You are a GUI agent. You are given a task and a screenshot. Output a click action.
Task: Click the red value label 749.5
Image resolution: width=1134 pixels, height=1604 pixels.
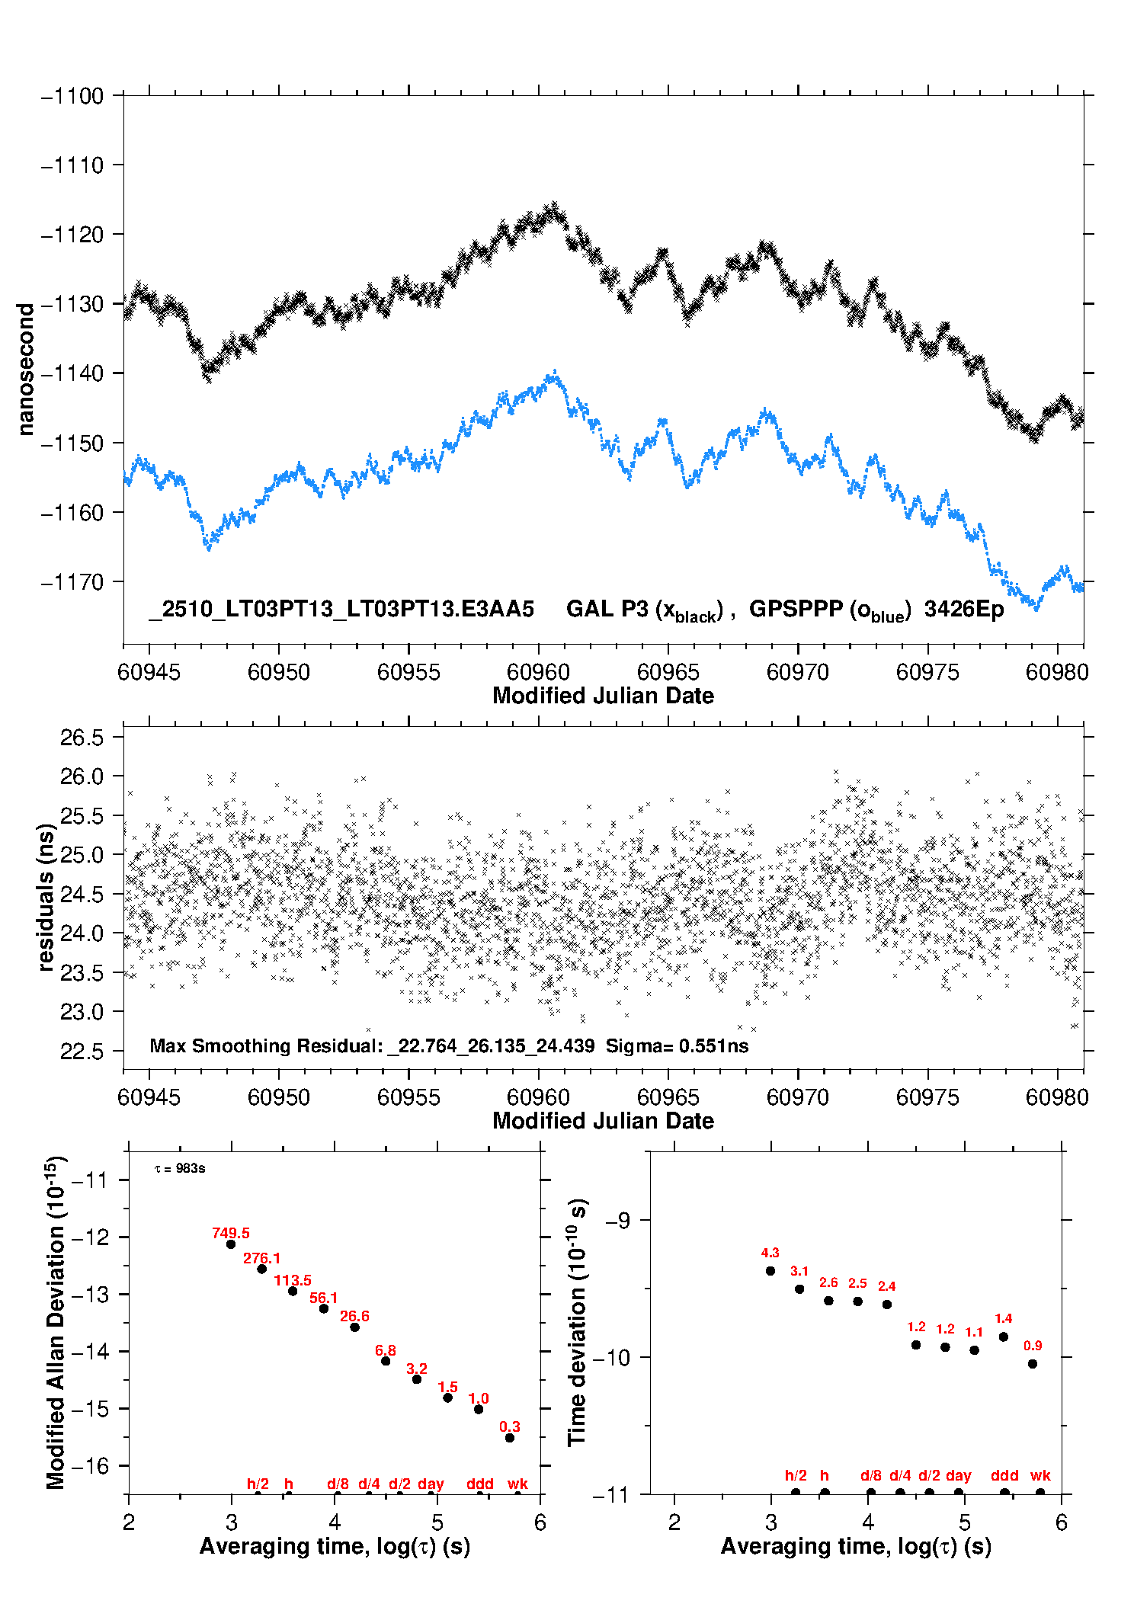point(231,1233)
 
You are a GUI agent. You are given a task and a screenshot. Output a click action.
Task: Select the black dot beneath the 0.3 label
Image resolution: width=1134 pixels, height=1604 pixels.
point(510,1438)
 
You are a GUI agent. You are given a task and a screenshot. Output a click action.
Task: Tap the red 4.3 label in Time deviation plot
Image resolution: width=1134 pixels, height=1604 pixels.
point(770,1253)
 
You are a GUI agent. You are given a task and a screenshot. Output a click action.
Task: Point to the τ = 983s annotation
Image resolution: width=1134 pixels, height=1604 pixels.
point(180,1169)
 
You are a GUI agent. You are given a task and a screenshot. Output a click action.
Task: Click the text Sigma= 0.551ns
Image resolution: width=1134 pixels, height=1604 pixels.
point(677,1045)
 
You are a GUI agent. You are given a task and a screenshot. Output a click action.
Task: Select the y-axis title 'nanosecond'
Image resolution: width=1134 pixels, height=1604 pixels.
point(25,370)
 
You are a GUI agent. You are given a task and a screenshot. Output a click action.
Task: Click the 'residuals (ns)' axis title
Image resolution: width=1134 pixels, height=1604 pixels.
point(46,897)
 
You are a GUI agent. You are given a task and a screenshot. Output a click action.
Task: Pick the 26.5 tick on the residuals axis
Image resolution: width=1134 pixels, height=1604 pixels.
point(82,738)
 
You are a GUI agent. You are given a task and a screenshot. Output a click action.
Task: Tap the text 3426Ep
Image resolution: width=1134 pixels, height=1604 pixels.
point(964,609)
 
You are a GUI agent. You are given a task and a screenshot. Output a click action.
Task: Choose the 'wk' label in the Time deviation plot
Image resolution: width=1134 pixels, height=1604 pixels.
point(1040,1475)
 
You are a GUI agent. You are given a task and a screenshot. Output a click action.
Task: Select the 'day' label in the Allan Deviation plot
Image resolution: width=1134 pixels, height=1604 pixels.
point(431,1484)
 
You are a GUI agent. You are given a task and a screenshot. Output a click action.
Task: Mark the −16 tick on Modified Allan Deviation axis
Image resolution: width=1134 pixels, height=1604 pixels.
point(89,1465)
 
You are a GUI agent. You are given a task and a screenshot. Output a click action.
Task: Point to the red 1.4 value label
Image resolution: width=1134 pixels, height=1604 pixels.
point(1003,1318)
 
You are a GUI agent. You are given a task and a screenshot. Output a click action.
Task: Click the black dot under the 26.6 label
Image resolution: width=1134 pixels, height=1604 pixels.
point(354,1327)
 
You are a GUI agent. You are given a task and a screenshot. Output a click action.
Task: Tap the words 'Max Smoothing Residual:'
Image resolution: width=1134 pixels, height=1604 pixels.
point(266,1045)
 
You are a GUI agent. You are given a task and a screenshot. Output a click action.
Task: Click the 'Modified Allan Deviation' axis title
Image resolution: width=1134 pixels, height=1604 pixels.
point(56,1322)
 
